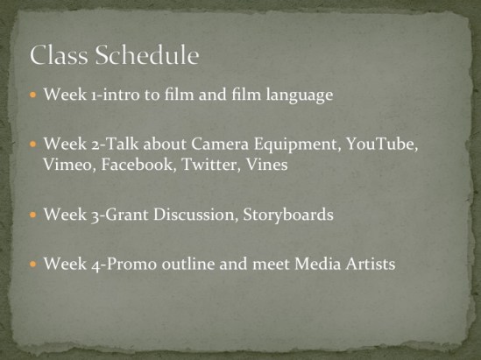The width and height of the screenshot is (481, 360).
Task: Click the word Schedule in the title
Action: pyautogui.click(x=147, y=54)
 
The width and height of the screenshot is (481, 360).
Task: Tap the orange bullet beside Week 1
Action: pyautogui.click(x=33, y=94)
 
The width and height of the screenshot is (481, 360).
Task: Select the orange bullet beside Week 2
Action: pyautogui.click(x=33, y=144)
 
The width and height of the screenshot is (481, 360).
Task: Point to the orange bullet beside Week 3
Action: pyautogui.click(x=33, y=215)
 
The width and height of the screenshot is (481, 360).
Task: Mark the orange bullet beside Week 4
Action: pyautogui.click(x=33, y=264)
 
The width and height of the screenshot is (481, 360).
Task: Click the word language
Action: pyautogui.click(x=300, y=95)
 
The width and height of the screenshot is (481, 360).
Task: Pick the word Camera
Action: pyautogui.click(x=220, y=144)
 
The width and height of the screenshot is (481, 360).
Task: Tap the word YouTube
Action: pyautogui.click(x=382, y=144)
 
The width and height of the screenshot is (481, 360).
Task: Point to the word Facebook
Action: pyautogui.click(x=138, y=164)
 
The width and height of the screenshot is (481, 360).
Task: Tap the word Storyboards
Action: pyautogui.click(x=288, y=215)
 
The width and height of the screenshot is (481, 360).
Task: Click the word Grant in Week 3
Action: pyautogui.click(x=127, y=215)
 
